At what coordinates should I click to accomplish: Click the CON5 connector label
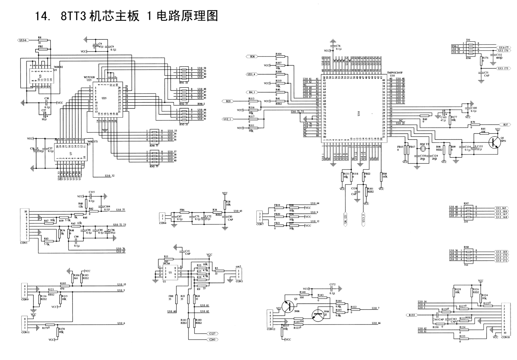[x=24, y=243]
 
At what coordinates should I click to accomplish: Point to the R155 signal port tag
[x=412, y=315]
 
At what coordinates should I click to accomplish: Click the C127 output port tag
[x=212, y=333]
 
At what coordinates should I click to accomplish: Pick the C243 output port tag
[x=212, y=340]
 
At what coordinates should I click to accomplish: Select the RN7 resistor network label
[x=466, y=204]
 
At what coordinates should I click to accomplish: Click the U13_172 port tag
[x=502, y=260]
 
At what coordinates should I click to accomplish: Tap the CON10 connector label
[x=505, y=337]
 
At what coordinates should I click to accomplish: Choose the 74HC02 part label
[x=58, y=67]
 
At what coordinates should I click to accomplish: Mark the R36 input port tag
[x=252, y=57]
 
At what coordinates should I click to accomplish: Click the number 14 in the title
[x=41, y=16]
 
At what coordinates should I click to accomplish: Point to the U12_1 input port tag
[x=227, y=119]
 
